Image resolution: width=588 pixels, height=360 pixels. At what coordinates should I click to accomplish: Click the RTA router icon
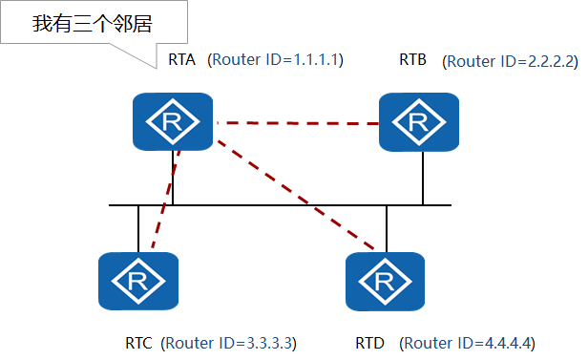[x=173, y=121]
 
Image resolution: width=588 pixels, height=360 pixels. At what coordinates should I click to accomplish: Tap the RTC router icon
[x=139, y=281]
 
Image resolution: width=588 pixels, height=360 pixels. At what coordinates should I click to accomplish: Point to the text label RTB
[x=414, y=60]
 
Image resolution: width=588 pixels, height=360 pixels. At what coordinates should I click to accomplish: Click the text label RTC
[x=139, y=342]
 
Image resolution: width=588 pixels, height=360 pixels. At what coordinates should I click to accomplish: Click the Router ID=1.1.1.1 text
[x=275, y=60]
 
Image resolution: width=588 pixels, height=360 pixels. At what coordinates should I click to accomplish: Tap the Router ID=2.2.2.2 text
[x=511, y=61]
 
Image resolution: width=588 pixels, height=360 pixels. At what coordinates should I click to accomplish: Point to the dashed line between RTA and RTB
[x=296, y=123]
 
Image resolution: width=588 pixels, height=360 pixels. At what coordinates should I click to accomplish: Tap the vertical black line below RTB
[x=422, y=179]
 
